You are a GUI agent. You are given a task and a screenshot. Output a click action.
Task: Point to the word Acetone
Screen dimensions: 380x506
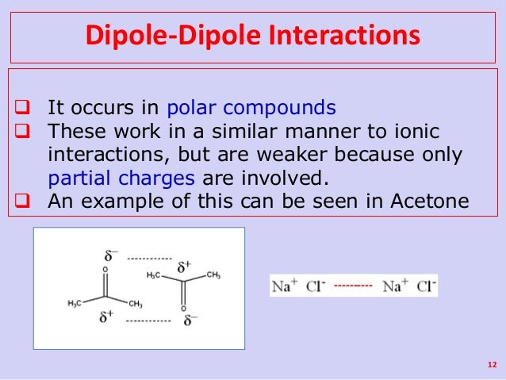(430, 200)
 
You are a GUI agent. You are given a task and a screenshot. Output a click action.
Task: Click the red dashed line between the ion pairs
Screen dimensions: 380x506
(353, 285)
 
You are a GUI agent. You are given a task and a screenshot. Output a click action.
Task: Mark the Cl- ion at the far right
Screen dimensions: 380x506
(424, 286)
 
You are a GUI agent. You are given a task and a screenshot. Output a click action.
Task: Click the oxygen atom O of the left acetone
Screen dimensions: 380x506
(105, 269)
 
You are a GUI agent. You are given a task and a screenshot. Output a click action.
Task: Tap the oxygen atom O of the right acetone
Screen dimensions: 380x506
(182, 308)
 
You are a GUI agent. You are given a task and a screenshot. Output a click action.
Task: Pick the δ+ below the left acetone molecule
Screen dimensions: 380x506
(106, 317)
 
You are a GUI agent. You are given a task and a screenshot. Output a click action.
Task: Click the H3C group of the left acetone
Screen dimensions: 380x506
(73, 304)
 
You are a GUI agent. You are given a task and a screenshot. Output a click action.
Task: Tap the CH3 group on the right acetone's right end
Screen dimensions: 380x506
(213, 274)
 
